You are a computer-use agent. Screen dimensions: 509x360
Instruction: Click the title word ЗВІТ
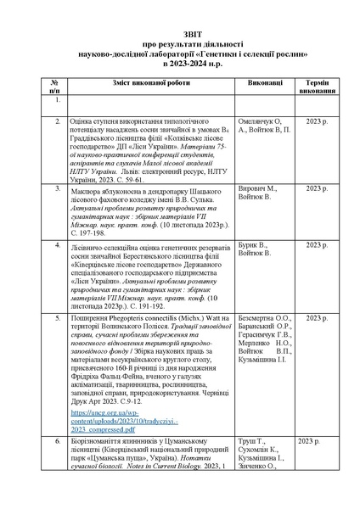(x=179, y=28)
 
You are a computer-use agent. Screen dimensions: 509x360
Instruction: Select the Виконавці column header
(x=254, y=84)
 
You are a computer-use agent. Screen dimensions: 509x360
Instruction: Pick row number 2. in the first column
(x=58, y=122)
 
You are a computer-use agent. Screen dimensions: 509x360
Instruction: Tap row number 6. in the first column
(x=58, y=442)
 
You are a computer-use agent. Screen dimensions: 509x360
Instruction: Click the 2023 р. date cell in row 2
(x=315, y=122)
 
